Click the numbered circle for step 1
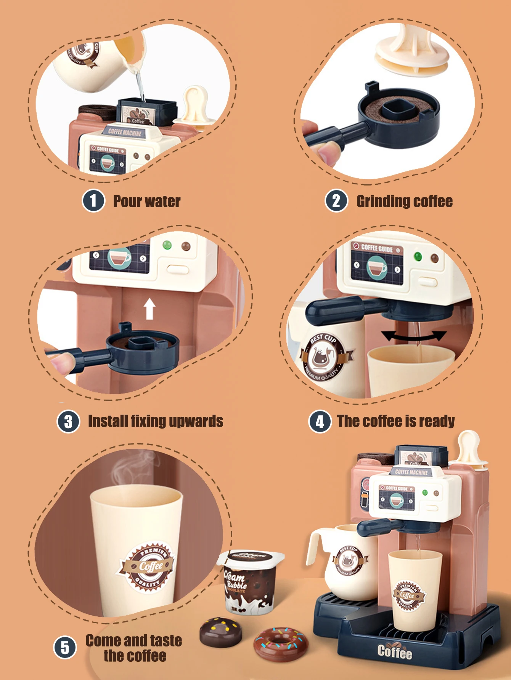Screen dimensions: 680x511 click(x=93, y=201)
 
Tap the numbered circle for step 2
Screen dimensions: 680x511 click(x=336, y=201)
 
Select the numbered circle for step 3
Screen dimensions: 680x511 click(x=68, y=421)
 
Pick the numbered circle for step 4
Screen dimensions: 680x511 click(x=320, y=421)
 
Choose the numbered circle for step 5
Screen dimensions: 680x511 click(x=65, y=647)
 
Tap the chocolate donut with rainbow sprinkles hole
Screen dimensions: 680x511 click(x=280, y=644)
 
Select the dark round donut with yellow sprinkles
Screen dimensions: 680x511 click(x=220, y=632)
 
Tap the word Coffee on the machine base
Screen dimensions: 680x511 click(x=395, y=652)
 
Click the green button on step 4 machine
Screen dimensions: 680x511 click(x=418, y=256)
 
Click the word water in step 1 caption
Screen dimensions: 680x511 click(x=163, y=202)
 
